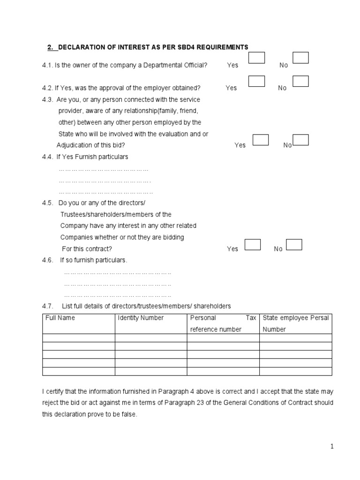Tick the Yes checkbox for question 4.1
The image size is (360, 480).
click(x=256, y=58)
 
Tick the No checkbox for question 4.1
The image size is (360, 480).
click(x=300, y=58)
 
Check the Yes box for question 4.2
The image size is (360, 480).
click(x=256, y=81)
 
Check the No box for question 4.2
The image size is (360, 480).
click(x=300, y=81)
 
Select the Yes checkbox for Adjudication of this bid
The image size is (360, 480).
click(x=261, y=140)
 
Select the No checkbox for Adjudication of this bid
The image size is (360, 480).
click(x=300, y=140)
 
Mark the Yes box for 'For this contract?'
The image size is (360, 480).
click(x=253, y=244)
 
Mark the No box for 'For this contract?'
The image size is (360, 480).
click(x=294, y=244)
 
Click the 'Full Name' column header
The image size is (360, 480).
click(x=60, y=318)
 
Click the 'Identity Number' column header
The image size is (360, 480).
click(x=141, y=318)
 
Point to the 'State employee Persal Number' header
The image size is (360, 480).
click(x=296, y=323)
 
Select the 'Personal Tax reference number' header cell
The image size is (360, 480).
click(x=223, y=323)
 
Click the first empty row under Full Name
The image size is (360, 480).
click(x=78, y=338)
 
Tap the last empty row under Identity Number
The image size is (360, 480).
click(x=150, y=371)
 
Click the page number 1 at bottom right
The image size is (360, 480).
click(x=332, y=447)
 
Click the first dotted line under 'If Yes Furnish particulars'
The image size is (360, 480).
click(x=103, y=169)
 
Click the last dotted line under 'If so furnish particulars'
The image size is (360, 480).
click(x=117, y=295)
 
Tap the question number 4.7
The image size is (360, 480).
click(x=48, y=306)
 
